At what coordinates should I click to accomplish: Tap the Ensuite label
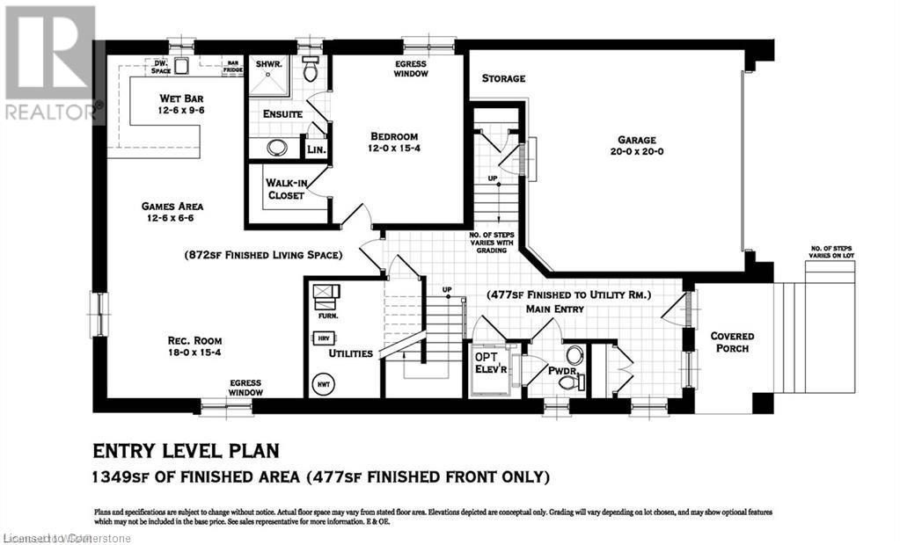[x=282, y=114]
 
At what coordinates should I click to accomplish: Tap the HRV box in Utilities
[x=321, y=338]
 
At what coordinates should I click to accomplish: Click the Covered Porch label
[x=733, y=342]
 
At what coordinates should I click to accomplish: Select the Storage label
[x=503, y=78]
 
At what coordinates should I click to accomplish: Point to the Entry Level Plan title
[x=186, y=451]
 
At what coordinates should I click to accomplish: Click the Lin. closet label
[x=316, y=150]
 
